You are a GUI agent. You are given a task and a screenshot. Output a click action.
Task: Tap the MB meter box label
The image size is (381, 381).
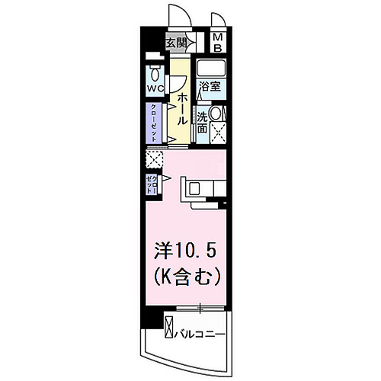tap(218, 43)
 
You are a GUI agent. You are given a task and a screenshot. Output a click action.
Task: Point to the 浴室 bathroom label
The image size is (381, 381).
tap(210, 86)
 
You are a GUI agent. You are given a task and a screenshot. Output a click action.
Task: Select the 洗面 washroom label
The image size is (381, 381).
tap(202, 123)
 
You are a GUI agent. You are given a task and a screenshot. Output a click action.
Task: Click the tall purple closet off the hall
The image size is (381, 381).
tap(155, 121)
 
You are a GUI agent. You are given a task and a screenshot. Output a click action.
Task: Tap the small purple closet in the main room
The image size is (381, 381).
tap(152, 183)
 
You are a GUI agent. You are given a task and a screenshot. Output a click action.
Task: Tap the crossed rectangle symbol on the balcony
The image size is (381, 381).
tap(169, 328)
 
